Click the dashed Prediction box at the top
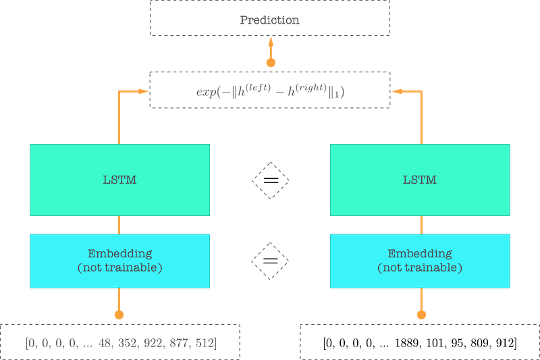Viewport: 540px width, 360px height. pos(270,19)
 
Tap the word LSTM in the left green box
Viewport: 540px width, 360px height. pos(119,180)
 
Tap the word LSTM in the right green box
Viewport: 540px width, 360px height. pos(419,180)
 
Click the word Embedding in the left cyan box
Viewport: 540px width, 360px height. pos(119,254)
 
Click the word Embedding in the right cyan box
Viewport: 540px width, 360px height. pos(419,254)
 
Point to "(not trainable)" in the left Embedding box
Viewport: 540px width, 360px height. pos(119,267)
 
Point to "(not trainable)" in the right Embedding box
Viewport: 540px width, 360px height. pos(419,267)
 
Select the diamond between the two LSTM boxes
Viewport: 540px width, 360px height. pos(270,180)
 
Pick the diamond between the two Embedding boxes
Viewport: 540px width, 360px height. pos(270,261)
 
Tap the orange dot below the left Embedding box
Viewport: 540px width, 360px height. pos(119,314)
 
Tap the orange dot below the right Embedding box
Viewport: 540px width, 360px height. pos(421,314)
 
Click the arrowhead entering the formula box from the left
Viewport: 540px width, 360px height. pos(142,91)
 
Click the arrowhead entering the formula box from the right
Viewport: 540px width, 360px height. pos(398,91)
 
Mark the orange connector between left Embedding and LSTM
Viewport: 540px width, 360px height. pos(119,225)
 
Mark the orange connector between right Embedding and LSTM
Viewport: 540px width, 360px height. pos(421,225)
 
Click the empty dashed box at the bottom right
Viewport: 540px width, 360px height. pos(419,341)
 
